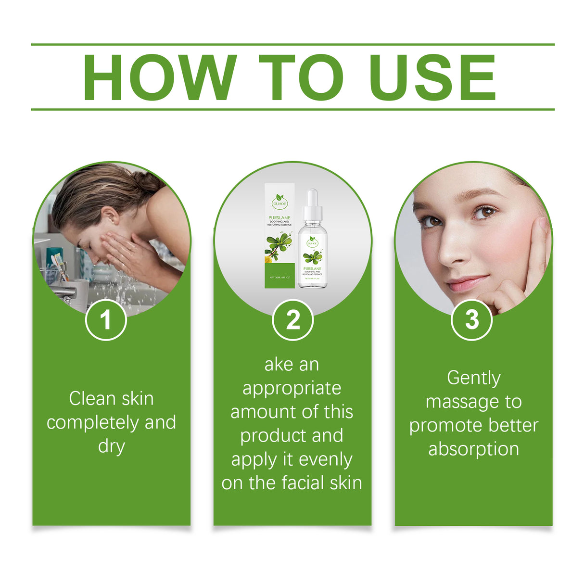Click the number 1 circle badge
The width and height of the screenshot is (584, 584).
click(x=106, y=319)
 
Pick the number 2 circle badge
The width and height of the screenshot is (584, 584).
click(x=292, y=319)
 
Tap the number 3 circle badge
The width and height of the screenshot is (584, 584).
click(x=472, y=319)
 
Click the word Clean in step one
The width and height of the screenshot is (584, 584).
click(x=91, y=398)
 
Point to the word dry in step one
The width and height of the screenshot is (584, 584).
click(x=112, y=446)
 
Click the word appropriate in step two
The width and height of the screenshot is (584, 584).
click(x=292, y=389)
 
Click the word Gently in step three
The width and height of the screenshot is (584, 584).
click(x=474, y=378)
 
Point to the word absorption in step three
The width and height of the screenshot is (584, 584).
click(x=474, y=449)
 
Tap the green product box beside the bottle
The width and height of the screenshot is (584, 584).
click(x=279, y=238)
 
